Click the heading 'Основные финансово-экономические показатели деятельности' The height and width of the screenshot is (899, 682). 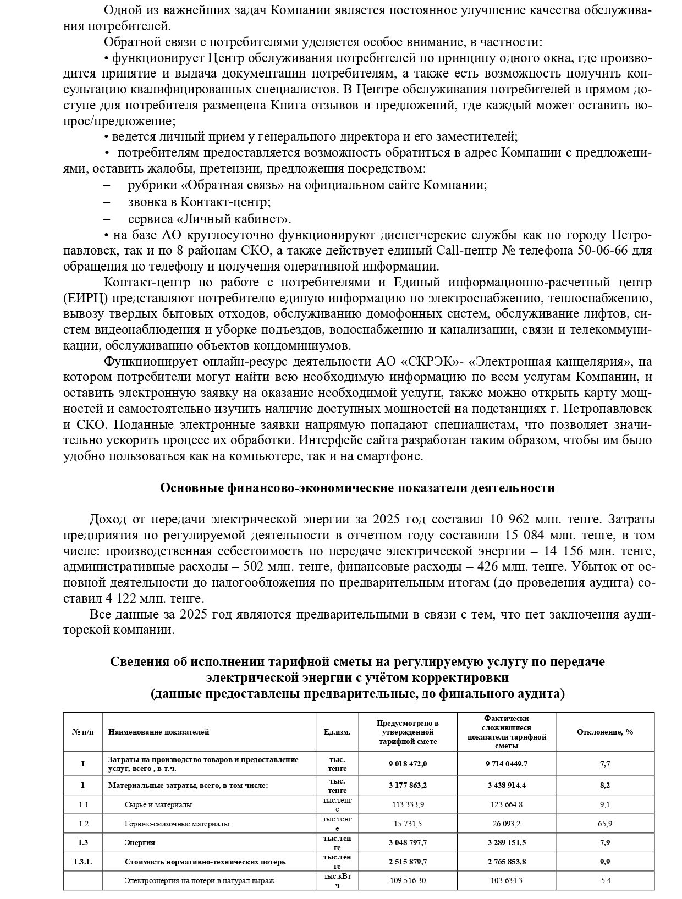point(357,488)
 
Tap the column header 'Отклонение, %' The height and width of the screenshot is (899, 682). point(604,732)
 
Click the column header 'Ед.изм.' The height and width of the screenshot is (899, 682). point(337,732)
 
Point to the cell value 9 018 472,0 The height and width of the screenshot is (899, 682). point(408,764)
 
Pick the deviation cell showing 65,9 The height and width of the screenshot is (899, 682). point(605,824)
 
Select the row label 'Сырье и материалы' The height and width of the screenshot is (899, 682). point(158,804)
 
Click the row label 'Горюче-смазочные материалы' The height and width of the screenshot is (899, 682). point(177,824)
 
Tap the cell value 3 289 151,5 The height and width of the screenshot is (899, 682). point(507,842)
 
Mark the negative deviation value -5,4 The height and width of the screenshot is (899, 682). point(605,880)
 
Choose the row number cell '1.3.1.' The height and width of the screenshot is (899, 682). point(82,862)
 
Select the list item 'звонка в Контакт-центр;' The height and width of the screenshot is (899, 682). point(199,202)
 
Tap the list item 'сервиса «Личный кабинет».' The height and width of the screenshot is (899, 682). point(210,219)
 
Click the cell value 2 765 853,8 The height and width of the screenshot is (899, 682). point(507,862)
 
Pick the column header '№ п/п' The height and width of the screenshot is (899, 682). point(82,732)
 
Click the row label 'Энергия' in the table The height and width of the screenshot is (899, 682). point(140,842)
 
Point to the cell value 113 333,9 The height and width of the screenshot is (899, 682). point(408,804)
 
